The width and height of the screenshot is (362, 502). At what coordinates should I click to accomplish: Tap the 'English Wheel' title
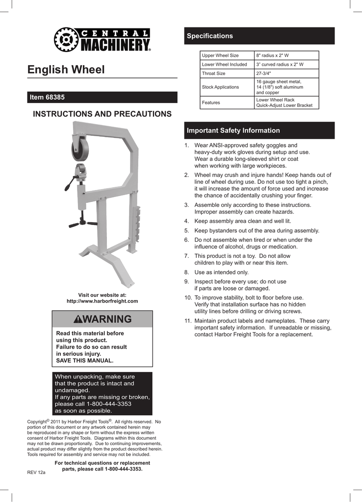pos(66,70)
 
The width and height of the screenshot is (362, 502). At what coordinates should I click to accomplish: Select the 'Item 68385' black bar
pos(103,97)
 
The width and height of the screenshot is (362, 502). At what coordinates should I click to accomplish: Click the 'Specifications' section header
pos(259,36)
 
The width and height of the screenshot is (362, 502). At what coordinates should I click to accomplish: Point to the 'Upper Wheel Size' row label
pos(220,55)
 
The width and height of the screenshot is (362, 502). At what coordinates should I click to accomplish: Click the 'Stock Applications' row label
pos(220,87)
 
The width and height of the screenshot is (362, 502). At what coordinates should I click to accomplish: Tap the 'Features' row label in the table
pos(211,102)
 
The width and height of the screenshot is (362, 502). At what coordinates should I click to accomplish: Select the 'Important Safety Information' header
pos(259,130)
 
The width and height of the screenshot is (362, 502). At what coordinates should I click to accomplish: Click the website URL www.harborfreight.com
pos(102,301)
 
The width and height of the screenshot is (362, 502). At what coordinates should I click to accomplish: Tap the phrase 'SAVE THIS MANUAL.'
pos(85,360)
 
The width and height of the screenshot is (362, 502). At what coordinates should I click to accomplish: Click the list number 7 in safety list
pos(187,256)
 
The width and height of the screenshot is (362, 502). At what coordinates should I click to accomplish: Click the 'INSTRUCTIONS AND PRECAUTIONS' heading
pos(102,114)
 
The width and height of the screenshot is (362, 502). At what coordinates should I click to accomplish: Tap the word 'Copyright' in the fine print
pos(36,422)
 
